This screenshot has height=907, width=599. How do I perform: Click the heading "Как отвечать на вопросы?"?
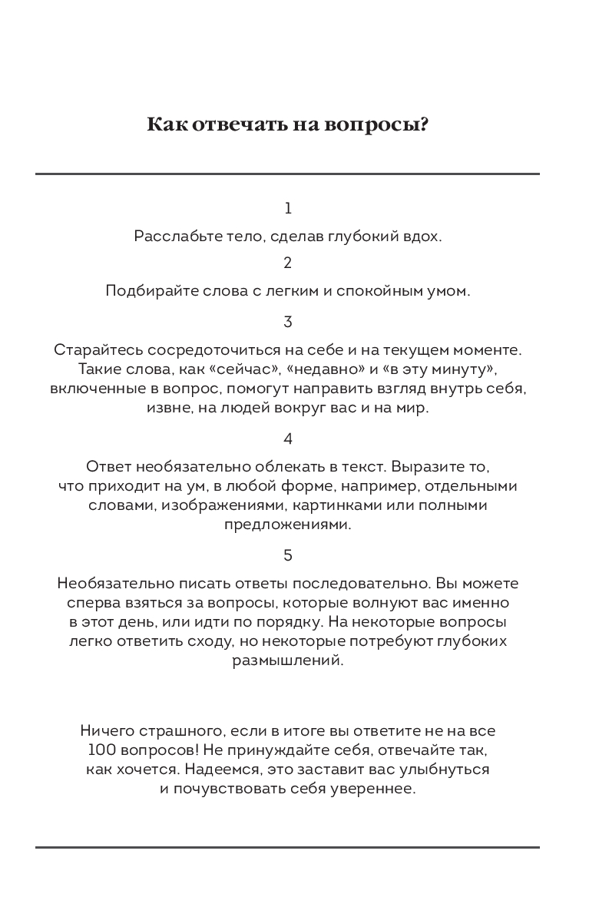(x=288, y=124)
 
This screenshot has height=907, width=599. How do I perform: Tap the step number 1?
(x=288, y=208)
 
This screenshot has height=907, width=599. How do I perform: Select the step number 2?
(x=288, y=263)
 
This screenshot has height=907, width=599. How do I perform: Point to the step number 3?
(x=288, y=322)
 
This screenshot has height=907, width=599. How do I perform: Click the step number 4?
(x=288, y=439)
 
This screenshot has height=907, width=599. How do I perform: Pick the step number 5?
(x=288, y=555)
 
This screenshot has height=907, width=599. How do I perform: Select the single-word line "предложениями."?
(x=288, y=525)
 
